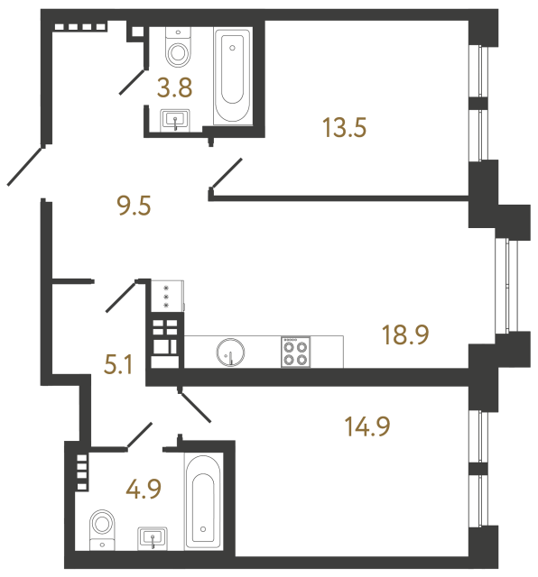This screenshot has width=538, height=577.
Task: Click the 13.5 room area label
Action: pos(343,128)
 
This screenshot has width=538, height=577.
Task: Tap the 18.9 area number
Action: pos(404,334)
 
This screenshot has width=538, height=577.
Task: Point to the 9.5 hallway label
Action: pos(133,206)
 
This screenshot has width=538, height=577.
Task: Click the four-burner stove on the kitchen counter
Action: pos(295,351)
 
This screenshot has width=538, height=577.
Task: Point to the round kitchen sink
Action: pos(230,351)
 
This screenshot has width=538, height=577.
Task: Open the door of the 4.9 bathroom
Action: pos(141,435)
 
